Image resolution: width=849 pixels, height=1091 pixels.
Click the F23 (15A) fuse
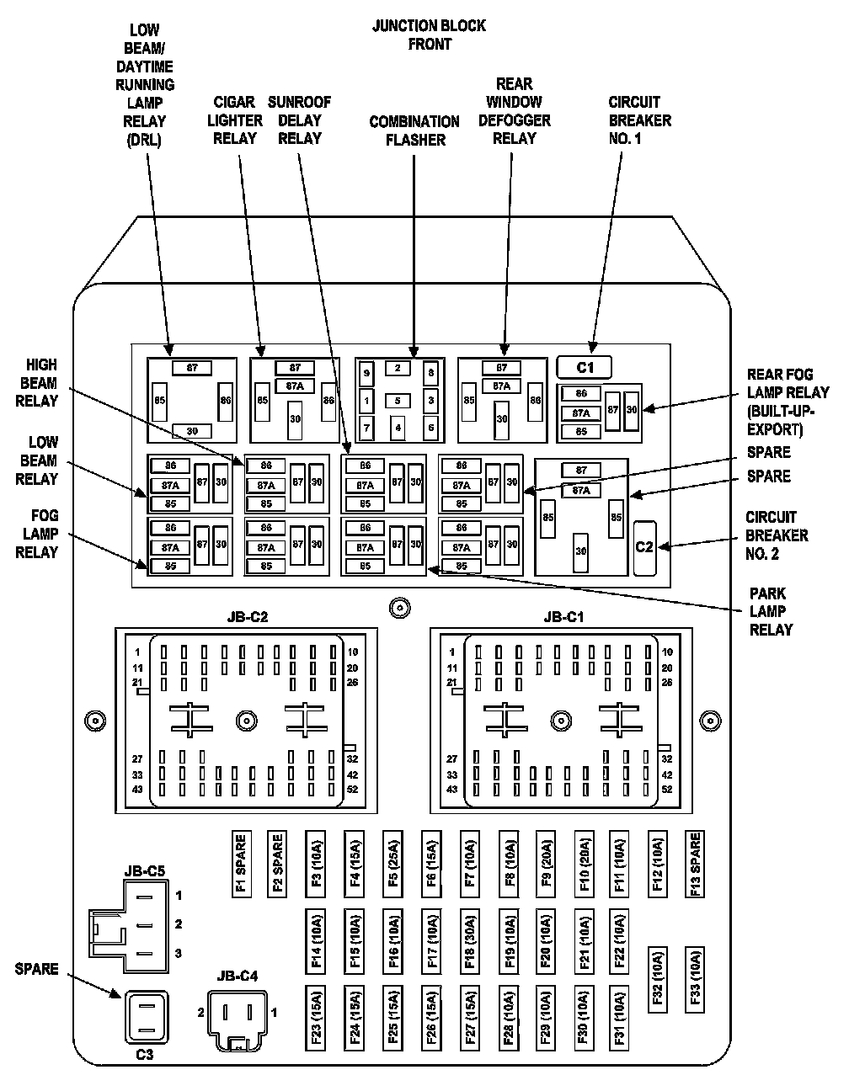pyautogui.click(x=316, y=1018)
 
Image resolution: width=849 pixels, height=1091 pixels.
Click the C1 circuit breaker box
pyautogui.click(x=585, y=367)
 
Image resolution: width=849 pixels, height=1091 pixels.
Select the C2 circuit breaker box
pyautogui.click(x=644, y=547)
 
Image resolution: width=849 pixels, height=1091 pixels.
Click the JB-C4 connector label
pyautogui.click(x=238, y=977)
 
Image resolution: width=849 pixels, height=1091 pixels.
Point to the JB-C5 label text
pyautogui.click(x=144, y=871)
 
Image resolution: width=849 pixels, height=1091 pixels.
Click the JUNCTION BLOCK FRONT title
pyautogui.click(x=429, y=35)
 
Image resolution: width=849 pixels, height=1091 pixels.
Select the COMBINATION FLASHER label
pyautogui.click(x=414, y=130)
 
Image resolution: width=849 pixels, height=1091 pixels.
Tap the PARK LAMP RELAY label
pyautogui.click(x=771, y=611)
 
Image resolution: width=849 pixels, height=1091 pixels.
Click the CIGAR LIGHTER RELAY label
pyautogui.click(x=235, y=120)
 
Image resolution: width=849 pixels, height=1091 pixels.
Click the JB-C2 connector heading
pyautogui.click(x=247, y=617)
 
